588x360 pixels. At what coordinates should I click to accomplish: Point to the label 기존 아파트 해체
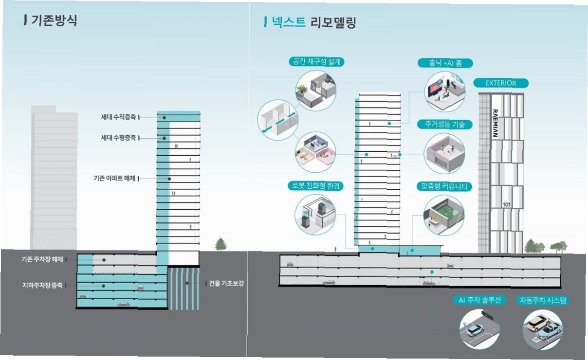point(114,179)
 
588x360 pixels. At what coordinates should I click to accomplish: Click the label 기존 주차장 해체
point(42,258)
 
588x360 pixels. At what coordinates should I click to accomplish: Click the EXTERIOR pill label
point(501,83)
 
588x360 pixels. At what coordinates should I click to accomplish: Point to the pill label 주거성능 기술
point(445,125)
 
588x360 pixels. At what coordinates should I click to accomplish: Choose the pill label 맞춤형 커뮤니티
point(445,186)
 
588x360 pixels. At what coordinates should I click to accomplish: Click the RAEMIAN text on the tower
point(495,122)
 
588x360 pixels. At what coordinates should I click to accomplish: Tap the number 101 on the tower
point(506,204)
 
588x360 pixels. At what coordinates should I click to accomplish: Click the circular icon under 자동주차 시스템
point(543,329)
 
